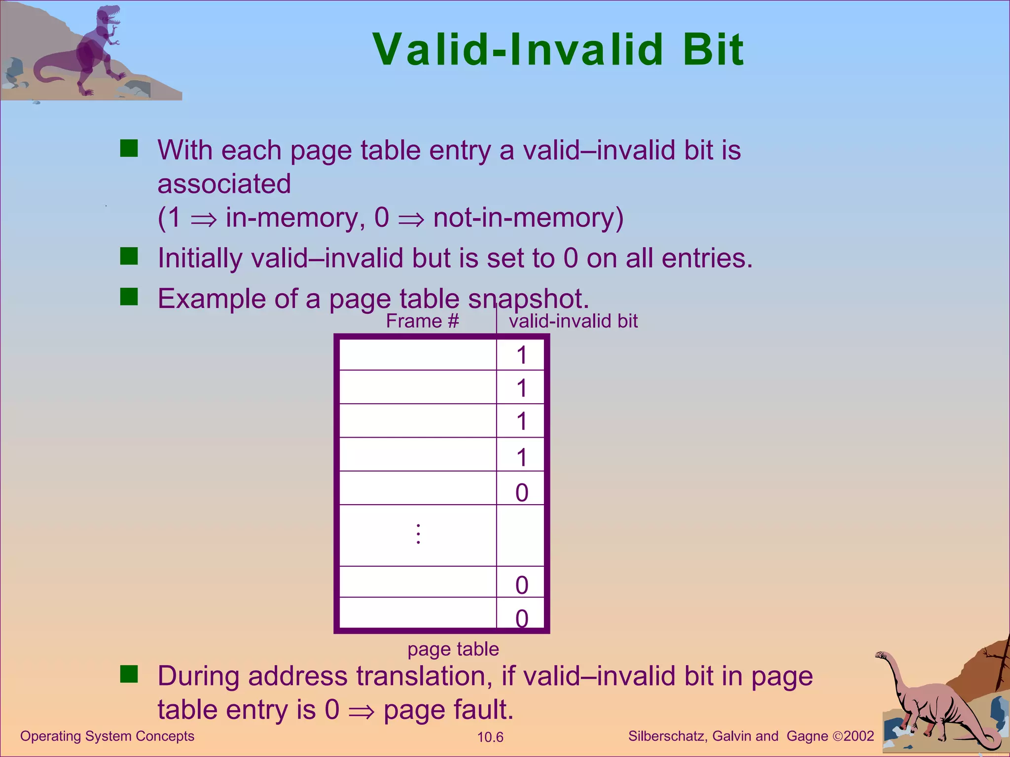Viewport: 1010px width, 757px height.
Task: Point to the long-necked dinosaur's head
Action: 881,655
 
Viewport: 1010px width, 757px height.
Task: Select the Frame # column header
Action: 422,321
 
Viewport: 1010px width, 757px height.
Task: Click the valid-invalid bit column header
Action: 573,321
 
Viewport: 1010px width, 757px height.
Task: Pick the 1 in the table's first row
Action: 522,355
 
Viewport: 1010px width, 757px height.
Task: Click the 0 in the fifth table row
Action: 522,492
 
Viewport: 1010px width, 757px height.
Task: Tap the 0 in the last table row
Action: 522,618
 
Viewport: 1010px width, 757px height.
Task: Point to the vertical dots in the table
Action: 418,534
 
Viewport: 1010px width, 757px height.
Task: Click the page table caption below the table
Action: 453,649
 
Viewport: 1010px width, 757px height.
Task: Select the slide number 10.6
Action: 490,737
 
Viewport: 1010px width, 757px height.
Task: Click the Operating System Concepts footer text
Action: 107,736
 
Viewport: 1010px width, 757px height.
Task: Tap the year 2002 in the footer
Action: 859,736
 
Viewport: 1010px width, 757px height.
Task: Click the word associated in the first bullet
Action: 224,184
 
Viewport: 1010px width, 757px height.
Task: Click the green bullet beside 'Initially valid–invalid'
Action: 129,256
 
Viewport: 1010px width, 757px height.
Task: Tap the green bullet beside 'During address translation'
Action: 129,674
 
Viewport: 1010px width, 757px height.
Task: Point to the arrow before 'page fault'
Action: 361,712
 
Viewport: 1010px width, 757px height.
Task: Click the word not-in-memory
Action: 528,217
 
